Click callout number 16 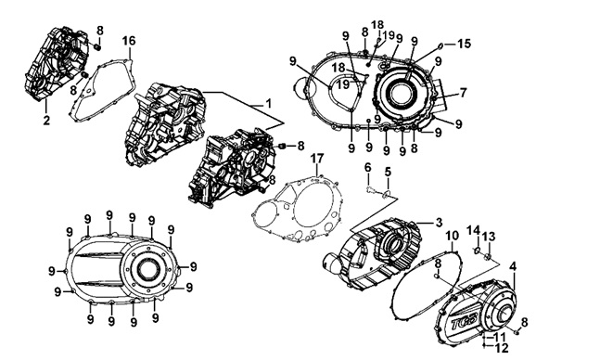coord(129,41)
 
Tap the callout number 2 coord(46,121)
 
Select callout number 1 coord(268,103)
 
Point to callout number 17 coord(317,158)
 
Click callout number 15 coord(465,44)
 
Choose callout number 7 coord(464,92)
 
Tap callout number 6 coord(368,167)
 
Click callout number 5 coord(388,172)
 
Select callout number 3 coord(439,222)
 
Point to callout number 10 coord(452,236)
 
